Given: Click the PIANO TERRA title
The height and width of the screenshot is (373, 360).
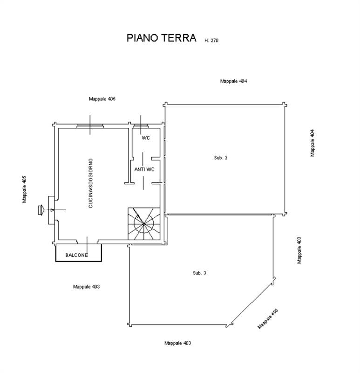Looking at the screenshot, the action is (161, 38).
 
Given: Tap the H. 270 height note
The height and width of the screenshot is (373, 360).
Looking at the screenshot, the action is (211, 41).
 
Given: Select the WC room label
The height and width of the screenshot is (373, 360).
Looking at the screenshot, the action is (146, 138).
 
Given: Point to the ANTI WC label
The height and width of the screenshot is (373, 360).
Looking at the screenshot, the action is (144, 169).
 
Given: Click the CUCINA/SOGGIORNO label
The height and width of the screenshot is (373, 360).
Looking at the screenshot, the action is (90, 183).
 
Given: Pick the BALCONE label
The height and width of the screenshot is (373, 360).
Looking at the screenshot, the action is (76, 255).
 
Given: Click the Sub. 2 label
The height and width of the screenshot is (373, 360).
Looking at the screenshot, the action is (221, 158).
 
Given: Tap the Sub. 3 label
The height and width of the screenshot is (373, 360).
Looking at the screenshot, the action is (199, 273).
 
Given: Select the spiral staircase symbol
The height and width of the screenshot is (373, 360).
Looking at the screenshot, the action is (144, 224).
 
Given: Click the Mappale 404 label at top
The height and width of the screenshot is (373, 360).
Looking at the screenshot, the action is (234, 81).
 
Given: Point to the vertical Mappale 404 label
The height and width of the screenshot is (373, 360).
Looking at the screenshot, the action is (312, 143).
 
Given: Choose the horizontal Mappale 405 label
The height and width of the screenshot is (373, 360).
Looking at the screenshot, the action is (102, 99).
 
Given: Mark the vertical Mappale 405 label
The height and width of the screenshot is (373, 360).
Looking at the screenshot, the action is (25, 189).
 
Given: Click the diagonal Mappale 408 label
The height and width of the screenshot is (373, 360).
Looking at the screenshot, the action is (268, 319).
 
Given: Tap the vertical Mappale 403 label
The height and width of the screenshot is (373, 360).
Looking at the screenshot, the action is (299, 250).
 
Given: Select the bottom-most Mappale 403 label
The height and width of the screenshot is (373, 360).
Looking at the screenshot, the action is (178, 343).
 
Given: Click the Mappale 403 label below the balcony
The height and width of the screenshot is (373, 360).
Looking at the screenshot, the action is (87, 287).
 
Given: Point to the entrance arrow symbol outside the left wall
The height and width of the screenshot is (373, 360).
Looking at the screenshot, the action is (41, 210).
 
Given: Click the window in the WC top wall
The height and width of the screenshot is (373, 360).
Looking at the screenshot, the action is (141, 126).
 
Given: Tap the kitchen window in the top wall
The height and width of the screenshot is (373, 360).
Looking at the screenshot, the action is (90, 126).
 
